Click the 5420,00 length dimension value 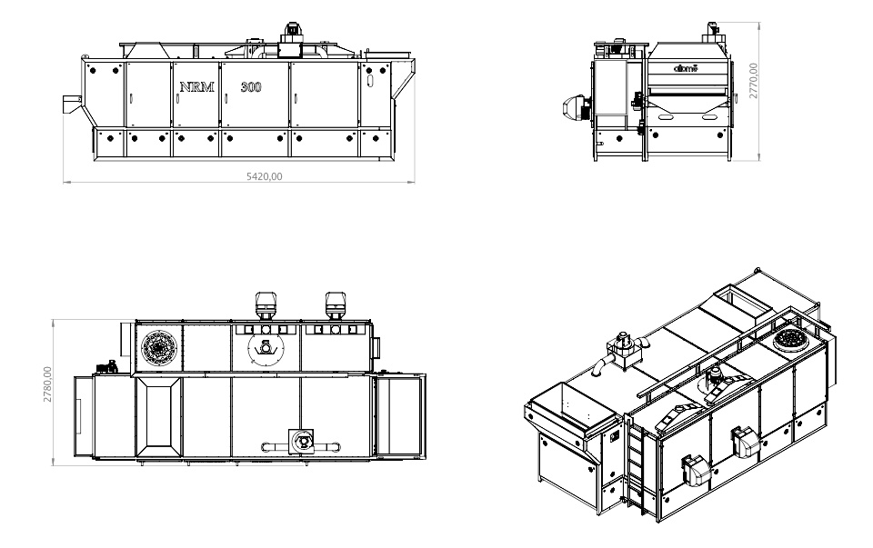click(265, 177)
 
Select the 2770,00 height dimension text click(754, 81)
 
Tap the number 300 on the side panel click(250, 88)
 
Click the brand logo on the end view click(684, 68)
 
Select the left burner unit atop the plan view click(266, 304)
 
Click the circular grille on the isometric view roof click(791, 340)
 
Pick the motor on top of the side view click(293, 31)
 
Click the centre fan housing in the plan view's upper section click(265, 347)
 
